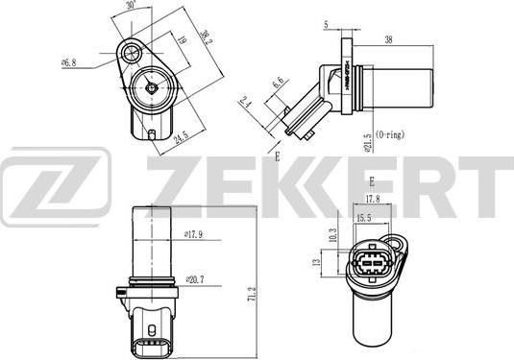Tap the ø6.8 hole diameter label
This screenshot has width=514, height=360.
(69, 62)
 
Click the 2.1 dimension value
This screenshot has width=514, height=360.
(246, 102)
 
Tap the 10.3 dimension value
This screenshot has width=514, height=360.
(333, 233)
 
